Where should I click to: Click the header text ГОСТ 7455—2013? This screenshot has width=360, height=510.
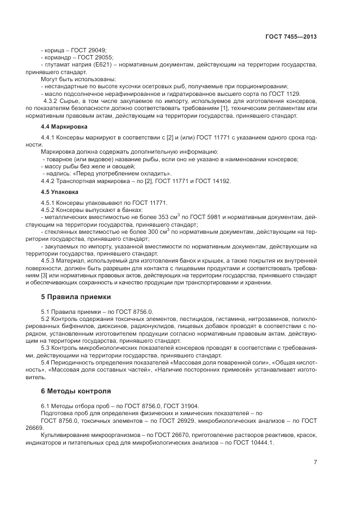pyautogui.click(x=291, y=37)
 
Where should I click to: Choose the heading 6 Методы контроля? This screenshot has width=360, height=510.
pyautogui.click(x=76, y=391)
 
